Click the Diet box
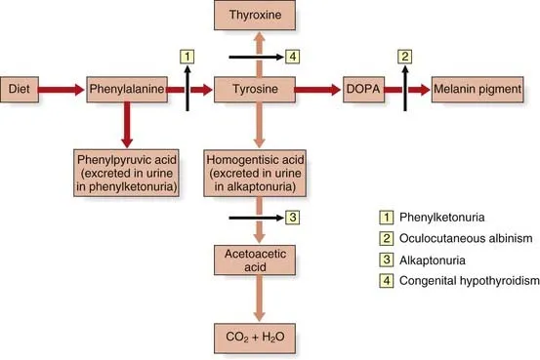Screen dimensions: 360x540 [20, 89]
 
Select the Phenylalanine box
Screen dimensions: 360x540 [123, 89]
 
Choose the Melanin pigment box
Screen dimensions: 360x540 [477, 89]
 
